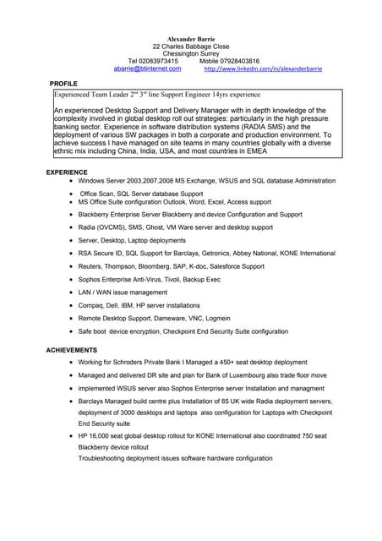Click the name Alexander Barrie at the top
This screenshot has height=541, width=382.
click(190, 39)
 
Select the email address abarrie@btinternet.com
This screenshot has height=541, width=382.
click(148, 68)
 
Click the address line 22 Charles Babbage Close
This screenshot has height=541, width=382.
click(190, 46)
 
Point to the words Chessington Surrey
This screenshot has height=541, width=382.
click(190, 53)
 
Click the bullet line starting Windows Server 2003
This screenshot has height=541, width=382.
click(206, 181)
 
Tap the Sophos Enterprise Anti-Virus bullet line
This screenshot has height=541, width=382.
click(150, 279)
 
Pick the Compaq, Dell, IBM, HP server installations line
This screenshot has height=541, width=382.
click(139, 305)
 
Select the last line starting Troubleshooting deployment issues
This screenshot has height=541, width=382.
click(175, 458)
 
